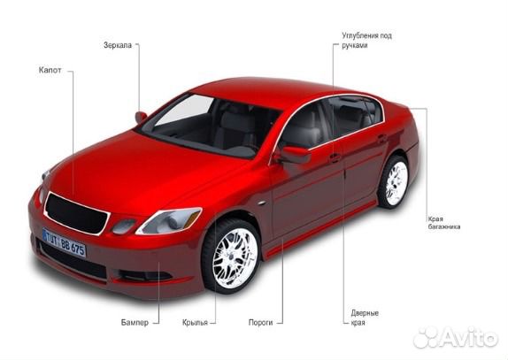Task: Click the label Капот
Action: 50,70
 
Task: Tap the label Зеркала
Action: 118,45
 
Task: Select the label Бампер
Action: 135,323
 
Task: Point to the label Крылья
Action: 195,323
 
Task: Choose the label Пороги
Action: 260,323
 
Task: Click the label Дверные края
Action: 365,318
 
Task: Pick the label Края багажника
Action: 444,223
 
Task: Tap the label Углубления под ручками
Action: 366,40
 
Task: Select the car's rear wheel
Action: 394,182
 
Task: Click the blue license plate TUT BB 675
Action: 64,242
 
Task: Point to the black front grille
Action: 76,214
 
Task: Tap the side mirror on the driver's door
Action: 294,155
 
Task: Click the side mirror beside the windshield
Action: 141,117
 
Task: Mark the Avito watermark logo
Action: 456,337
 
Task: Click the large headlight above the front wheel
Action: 169,220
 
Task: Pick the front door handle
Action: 335,158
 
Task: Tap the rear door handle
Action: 382,138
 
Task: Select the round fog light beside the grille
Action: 124,226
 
